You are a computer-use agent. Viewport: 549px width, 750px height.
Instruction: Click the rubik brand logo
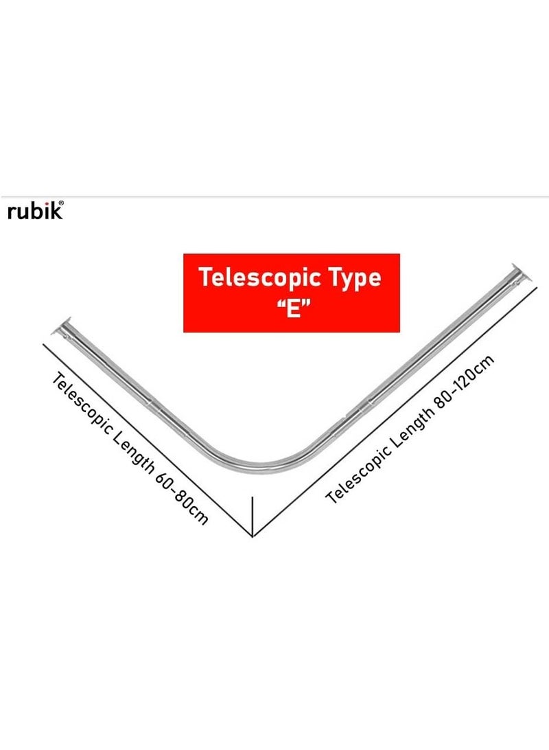coord(34,211)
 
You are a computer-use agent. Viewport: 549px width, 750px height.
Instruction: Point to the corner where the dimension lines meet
coord(254,536)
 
